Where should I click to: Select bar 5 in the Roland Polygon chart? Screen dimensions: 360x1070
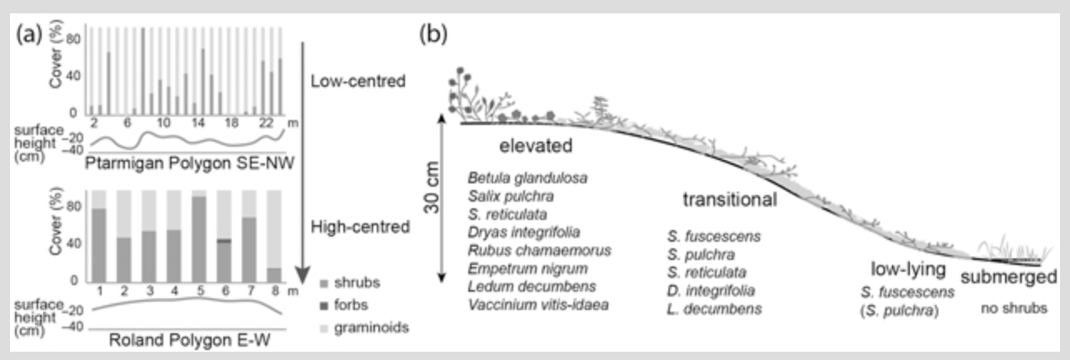click(x=199, y=238)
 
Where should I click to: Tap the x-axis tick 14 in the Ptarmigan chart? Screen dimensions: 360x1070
click(x=198, y=122)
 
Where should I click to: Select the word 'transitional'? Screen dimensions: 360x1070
click(x=730, y=200)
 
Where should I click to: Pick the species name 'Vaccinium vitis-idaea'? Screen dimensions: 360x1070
click(x=538, y=305)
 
